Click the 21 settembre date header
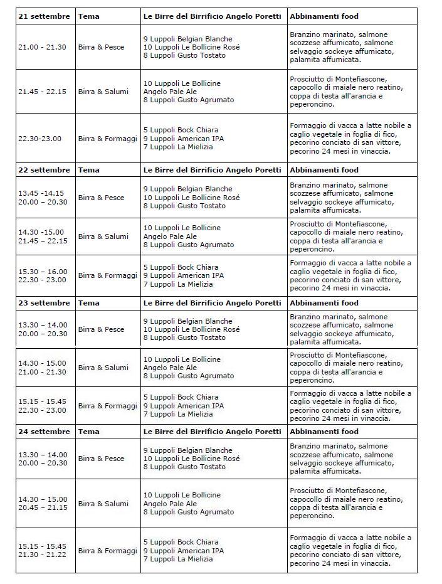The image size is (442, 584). (44, 16)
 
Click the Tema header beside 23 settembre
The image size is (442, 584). (89, 303)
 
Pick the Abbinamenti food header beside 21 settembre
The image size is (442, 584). (324, 16)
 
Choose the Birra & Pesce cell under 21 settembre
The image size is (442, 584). (101, 47)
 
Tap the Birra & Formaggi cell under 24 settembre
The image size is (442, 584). (107, 551)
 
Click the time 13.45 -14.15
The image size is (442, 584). (42, 193)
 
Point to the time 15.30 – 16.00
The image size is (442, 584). (43, 272)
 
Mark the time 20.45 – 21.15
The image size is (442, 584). (43, 507)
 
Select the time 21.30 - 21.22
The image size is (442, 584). (42, 555)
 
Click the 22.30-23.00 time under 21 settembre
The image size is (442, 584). (39, 139)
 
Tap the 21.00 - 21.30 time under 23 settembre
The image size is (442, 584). (42, 372)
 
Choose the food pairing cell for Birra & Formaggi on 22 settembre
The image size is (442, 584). (350, 275)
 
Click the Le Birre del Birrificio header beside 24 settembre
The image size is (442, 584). (212, 432)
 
